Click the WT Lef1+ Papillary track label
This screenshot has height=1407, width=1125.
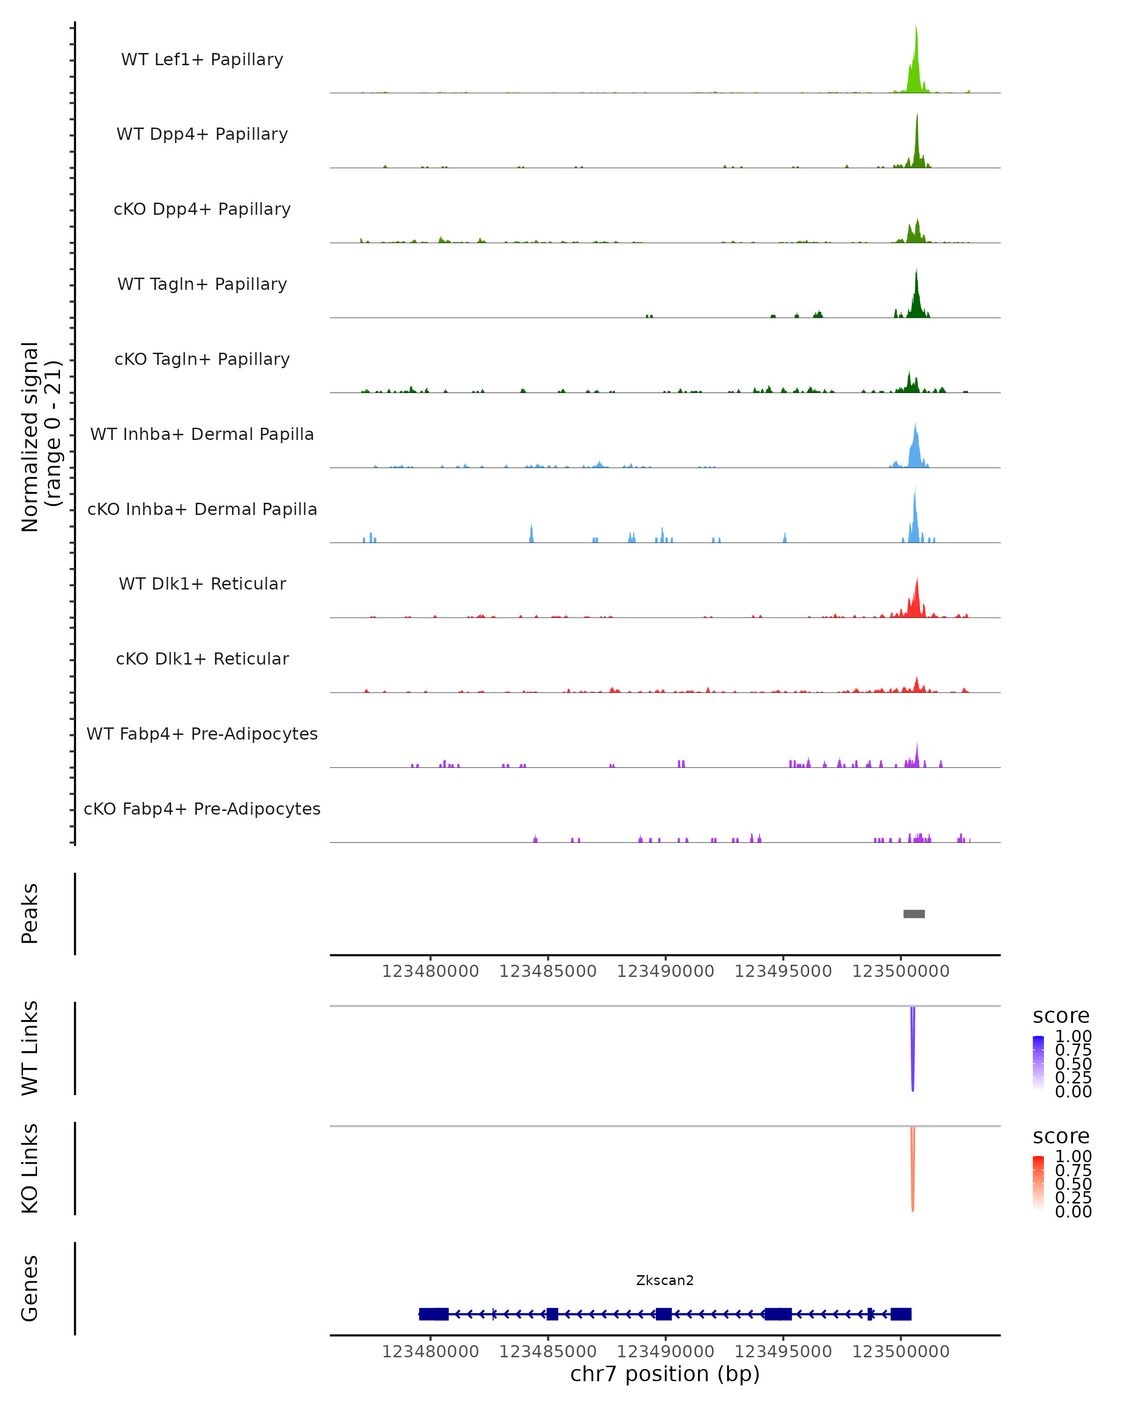coord(202,60)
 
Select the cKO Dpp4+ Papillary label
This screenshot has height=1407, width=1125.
coord(202,210)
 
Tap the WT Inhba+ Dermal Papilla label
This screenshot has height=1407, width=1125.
coord(202,435)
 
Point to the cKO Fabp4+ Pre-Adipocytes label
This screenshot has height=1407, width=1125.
coord(202,809)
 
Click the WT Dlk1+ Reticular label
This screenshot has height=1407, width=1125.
coord(202,584)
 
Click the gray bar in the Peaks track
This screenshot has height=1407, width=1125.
coord(914,914)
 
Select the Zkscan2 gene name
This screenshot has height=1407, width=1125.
coord(665,1280)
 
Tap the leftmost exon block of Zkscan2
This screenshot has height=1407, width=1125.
coord(434,1314)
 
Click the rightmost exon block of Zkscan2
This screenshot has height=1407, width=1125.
coord(900,1314)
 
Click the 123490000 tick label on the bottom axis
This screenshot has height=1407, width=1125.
coord(665,1352)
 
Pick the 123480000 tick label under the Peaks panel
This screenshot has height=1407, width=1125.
coord(430,971)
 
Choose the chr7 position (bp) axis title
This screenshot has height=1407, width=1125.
coord(665,1374)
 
